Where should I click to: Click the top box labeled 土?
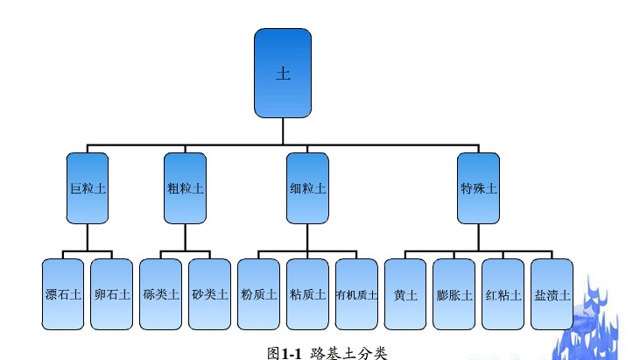click(283, 73)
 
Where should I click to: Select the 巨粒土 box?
click(88, 187)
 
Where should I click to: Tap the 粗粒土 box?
click(185, 187)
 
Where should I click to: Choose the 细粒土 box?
click(307, 187)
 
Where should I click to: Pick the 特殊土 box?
click(478, 187)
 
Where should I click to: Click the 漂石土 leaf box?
click(63, 294)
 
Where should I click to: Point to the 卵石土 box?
click(112, 294)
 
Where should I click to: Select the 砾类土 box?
click(160, 294)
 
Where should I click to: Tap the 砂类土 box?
click(209, 294)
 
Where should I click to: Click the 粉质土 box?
click(258, 294)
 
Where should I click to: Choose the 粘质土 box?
click(307, 294)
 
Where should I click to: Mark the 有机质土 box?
click(356, 294)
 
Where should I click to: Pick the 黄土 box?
click(405, 294)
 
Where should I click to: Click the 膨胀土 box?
click(454, 294)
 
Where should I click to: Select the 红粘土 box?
click(503, 294)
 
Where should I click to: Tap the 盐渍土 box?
click(552, 294)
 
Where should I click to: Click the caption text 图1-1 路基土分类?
click(327, 352)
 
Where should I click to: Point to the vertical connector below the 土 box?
click(283, 130)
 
